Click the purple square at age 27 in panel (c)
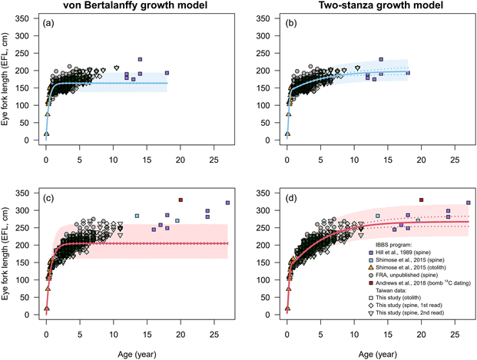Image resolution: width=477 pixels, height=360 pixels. point(227,203)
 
